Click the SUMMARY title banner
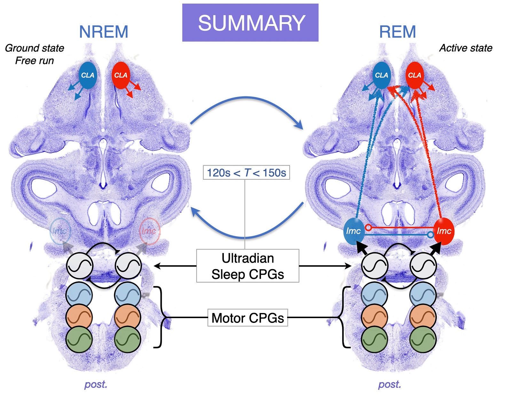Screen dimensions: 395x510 pyautogui.click(x=250, y=23)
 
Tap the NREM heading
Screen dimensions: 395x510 pyautogui.click(x=104, y=32)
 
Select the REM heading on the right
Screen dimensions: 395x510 pyautogui.click(x=397, y=32)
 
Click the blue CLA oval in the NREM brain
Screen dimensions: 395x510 pyautogui.click(x=87, y=75)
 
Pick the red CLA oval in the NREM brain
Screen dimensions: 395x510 pyautogui.click(x=121, y=75)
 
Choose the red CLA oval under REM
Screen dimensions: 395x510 pyautogui.click(x=414, y=75)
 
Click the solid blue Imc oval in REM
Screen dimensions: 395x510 pyautogui.click(x=353, y=231)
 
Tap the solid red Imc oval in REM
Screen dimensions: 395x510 pyautogui.click(x=444, y=231)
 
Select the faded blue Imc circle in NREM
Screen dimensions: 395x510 pyautogui.click(x=60, y=231)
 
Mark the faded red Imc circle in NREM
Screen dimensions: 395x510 pyautogui.click(x=149, y=231)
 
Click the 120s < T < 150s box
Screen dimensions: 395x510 pyautogui.click(x=246, y=173)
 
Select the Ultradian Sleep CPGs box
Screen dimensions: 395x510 pyautogui.click(x=247, y=266)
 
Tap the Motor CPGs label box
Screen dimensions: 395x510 pyautogui.click(x=247, y=318)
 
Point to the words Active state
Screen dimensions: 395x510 pyautogui.click(x=466, y=48)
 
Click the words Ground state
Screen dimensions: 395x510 pyautogui.click(x=35, y=48)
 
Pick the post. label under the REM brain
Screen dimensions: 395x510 pyautogui.click(x=389, y=384)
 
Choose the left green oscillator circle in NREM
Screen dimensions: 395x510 pyautogui.click(x=79, y=339)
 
